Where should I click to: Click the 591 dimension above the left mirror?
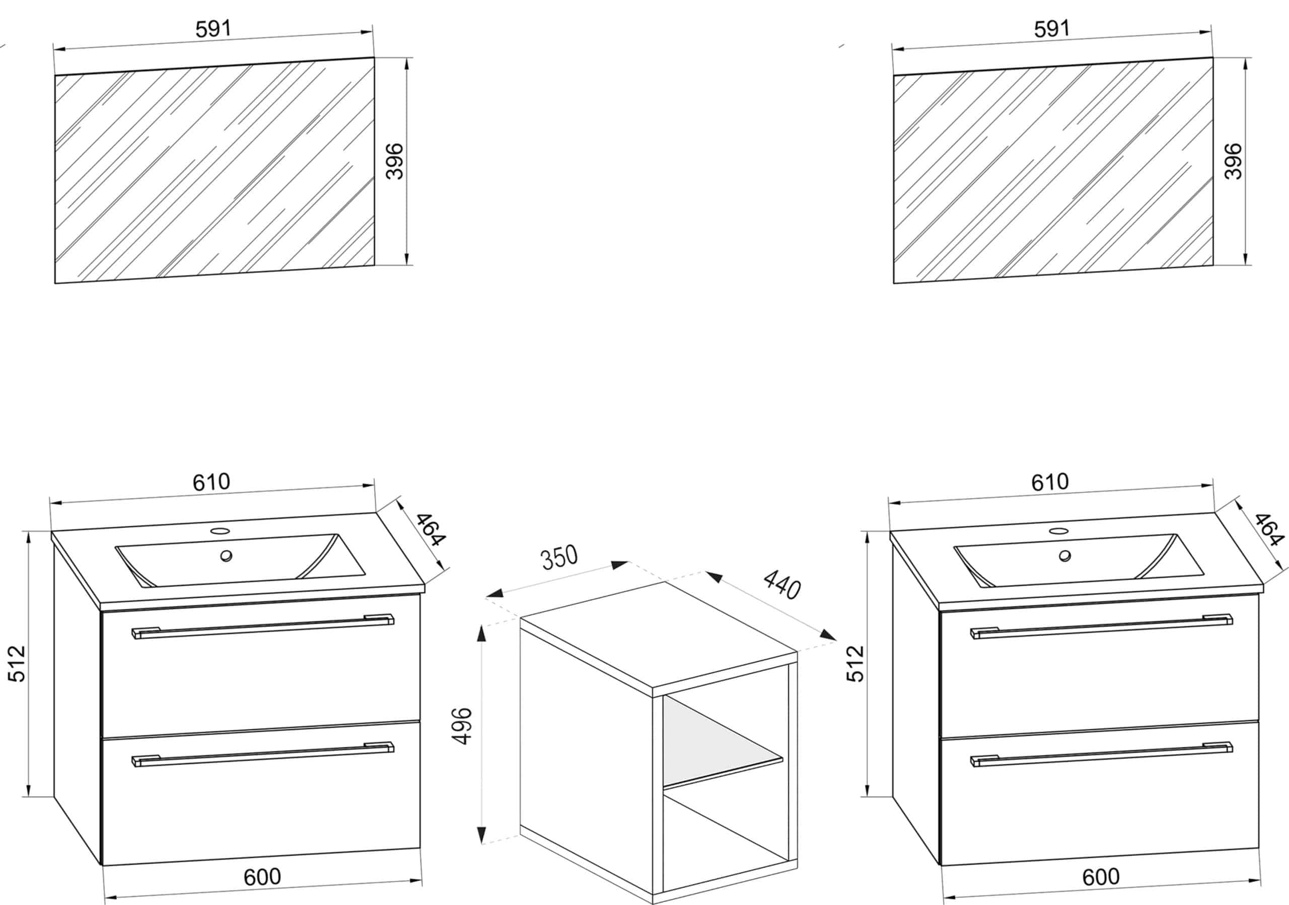213,29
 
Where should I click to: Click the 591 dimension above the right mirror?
1052,29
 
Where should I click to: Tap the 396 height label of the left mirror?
395,161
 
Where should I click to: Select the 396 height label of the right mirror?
1234,161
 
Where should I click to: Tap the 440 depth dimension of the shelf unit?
781,585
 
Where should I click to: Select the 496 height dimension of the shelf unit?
462,727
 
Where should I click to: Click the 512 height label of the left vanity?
17,664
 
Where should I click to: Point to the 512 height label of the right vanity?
855,664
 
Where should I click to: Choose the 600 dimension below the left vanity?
262,877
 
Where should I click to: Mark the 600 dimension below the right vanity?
1101,877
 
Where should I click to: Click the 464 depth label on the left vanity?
431,529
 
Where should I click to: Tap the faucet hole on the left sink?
220,530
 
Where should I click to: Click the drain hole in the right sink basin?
1065,556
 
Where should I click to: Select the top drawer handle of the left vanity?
263,626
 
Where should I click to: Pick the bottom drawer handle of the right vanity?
1102,754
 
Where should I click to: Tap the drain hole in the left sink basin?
226,556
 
